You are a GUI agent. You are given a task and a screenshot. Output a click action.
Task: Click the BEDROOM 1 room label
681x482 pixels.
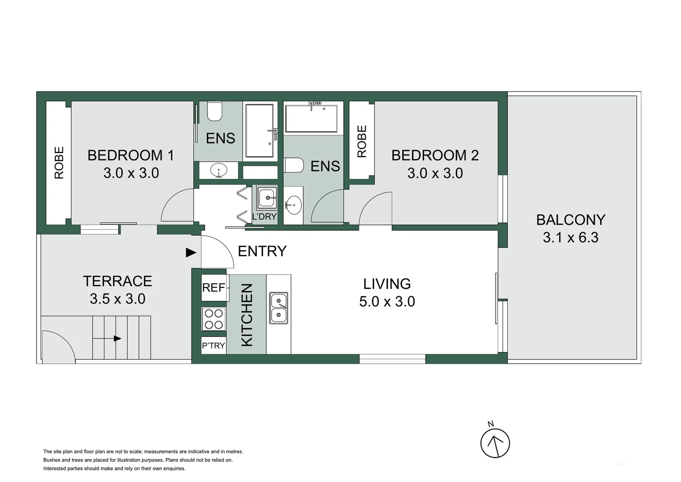[131, 155]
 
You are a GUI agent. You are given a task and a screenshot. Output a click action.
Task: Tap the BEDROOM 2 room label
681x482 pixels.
[435, 155]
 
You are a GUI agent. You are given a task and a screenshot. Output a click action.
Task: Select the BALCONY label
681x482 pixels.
[570, 220]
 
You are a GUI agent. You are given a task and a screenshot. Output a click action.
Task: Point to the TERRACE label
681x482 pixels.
[117, 281]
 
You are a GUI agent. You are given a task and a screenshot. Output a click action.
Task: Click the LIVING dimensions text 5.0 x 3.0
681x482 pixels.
[387, 302]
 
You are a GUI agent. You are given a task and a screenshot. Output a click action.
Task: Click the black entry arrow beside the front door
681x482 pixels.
[191, 253]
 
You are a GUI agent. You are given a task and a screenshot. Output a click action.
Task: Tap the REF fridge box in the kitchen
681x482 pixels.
[214, 288]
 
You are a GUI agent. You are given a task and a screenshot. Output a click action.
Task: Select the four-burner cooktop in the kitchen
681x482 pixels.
[214, 319]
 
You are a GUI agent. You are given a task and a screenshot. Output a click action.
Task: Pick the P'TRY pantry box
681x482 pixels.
[214, 345]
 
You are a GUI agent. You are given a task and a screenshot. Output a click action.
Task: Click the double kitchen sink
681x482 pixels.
[279, 308]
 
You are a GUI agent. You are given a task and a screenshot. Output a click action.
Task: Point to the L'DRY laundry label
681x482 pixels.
[264, 217]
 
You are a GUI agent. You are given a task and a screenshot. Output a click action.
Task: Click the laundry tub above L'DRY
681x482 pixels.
[267, 197]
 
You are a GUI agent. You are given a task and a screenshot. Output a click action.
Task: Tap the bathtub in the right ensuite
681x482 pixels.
[311, 119]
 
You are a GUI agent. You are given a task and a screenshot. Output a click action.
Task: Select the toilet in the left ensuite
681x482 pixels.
[215, 112]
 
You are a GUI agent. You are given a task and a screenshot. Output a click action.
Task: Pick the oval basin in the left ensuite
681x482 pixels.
[219, 170]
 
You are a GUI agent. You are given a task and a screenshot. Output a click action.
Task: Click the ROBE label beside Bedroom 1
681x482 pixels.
[59, 163]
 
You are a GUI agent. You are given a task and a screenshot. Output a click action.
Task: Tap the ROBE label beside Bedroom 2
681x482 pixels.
[362, 141]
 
